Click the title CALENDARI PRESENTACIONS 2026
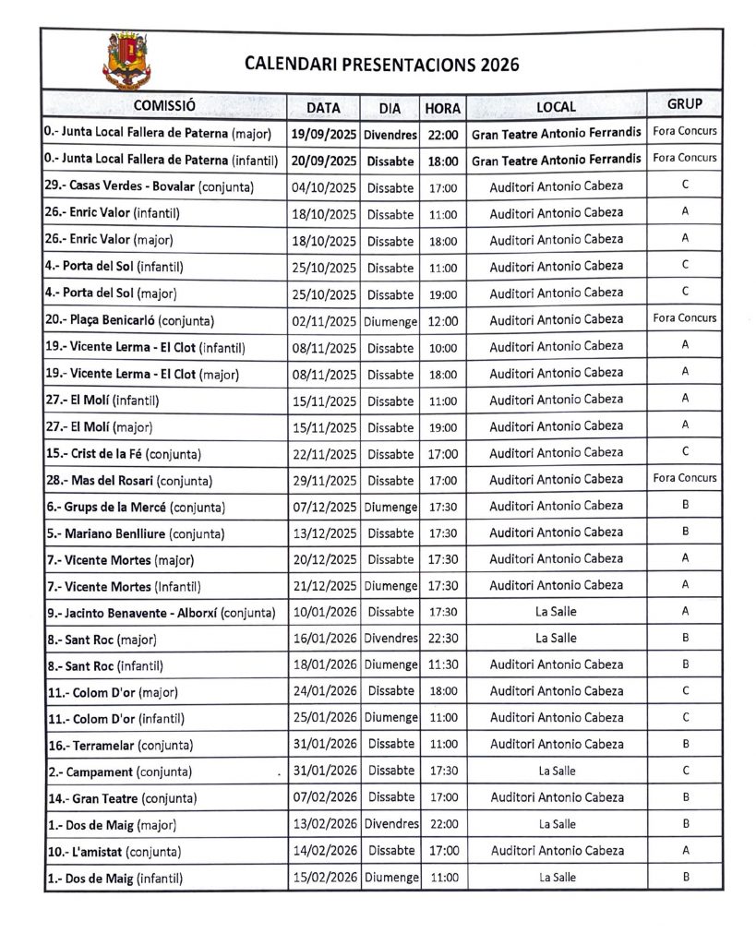coord(381,65)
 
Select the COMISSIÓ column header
coord(164,106)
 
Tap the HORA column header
coord(443,108)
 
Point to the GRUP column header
coord(684,104)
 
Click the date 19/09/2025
coord(323,134)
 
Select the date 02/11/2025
coord(323,321)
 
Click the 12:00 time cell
coord(443,321)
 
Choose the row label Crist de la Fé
coord(123,454)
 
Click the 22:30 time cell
coord(443,639)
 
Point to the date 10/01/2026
coord(323,612)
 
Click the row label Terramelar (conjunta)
coord(120,745)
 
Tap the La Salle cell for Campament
coord(556,771)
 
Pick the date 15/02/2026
coord(323,878)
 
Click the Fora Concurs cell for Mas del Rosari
coord(684,478)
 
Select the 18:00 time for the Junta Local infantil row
coord(443,161)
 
